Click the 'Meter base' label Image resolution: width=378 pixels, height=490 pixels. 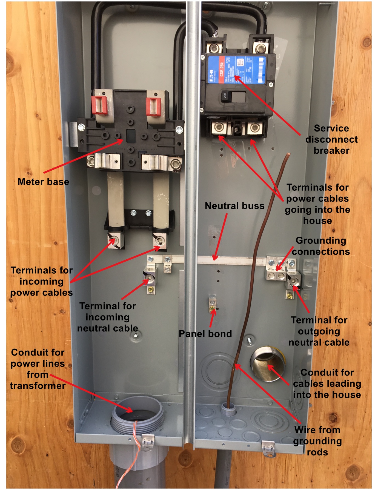coord(43,182)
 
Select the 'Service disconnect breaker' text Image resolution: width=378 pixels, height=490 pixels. coord(331,139)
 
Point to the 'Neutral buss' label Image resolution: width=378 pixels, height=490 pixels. coord(234,206)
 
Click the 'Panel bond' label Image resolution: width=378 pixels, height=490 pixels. coord(205,334)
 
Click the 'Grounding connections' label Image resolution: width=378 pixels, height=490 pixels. coord(321,246)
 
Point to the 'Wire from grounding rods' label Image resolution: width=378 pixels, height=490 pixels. coord(317,441)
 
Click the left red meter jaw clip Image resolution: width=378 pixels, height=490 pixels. coord(99,105)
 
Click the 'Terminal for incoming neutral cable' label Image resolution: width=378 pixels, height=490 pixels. coord(108,317)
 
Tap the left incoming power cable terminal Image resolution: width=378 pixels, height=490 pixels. coord(115,241)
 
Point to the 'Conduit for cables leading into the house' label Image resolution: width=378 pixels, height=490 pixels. coord(327,383)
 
